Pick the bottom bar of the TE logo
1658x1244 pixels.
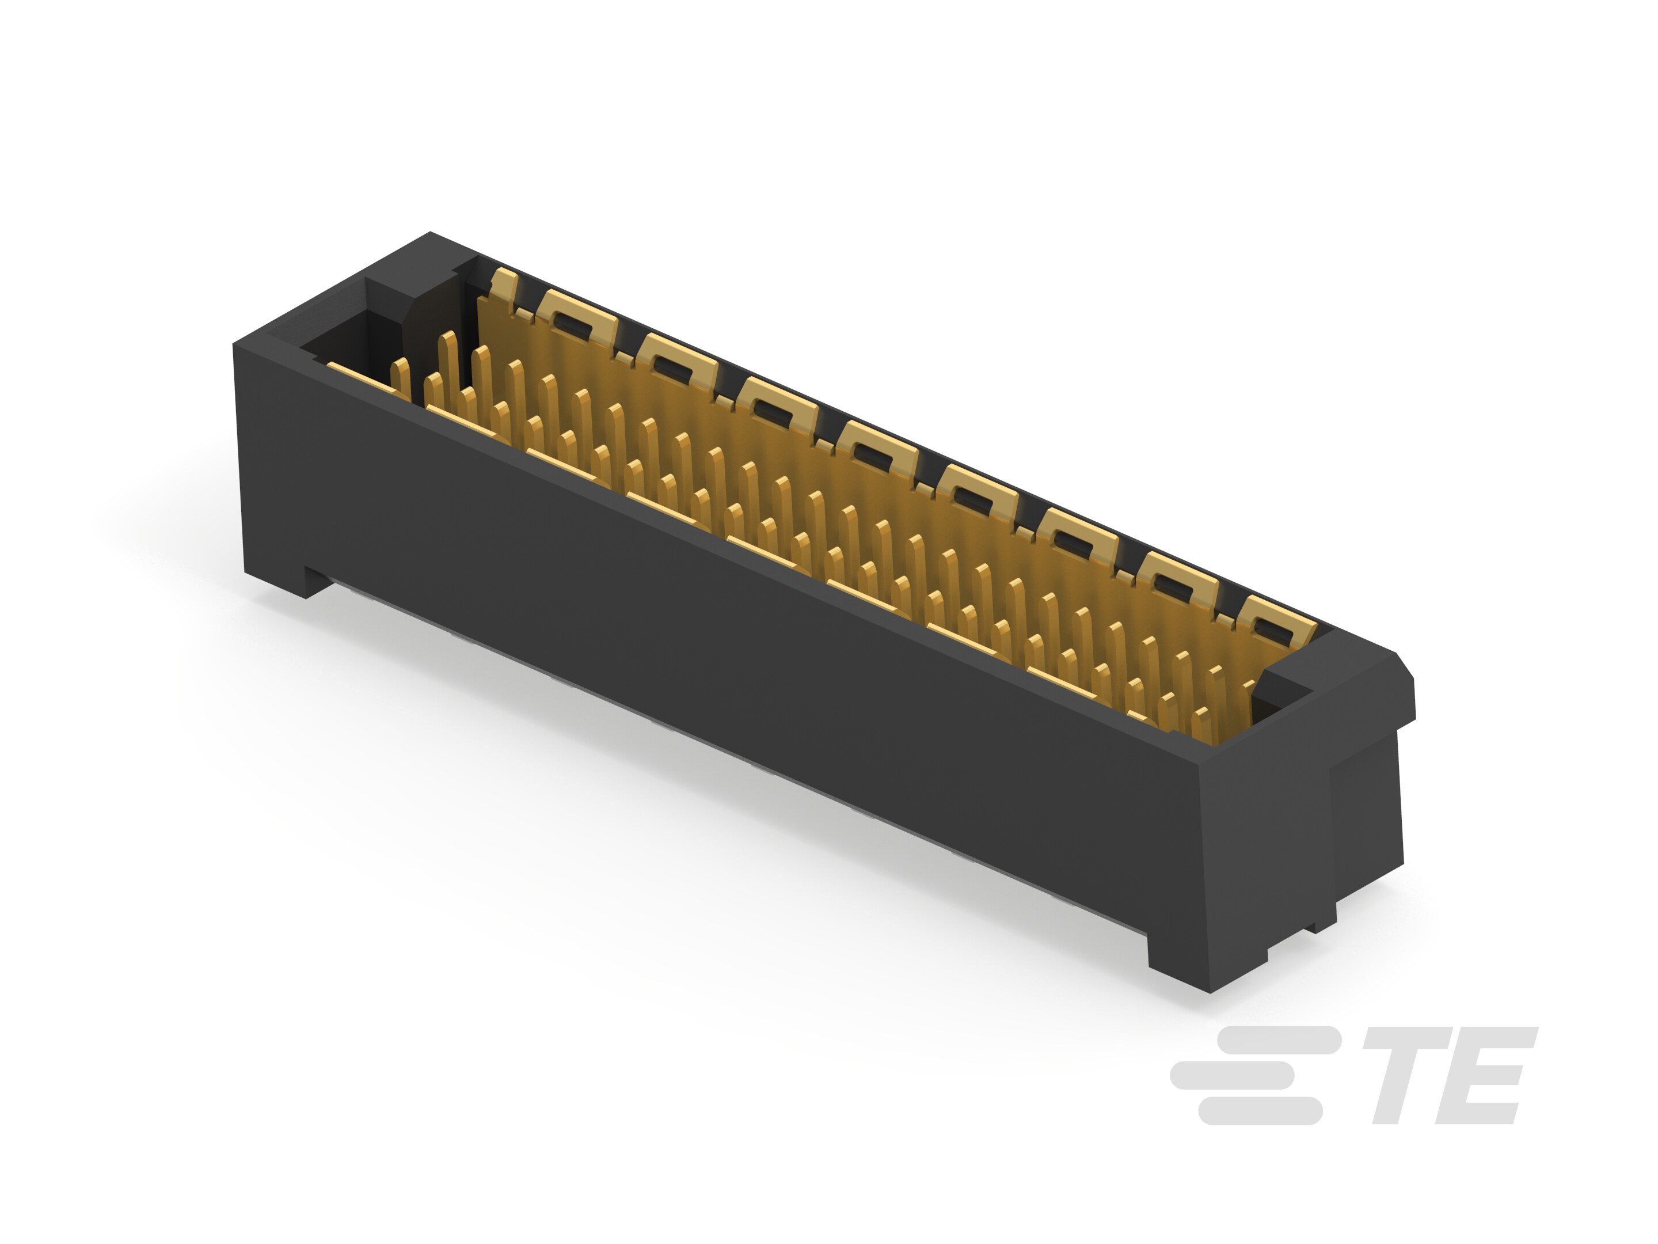point(1261,1112)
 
